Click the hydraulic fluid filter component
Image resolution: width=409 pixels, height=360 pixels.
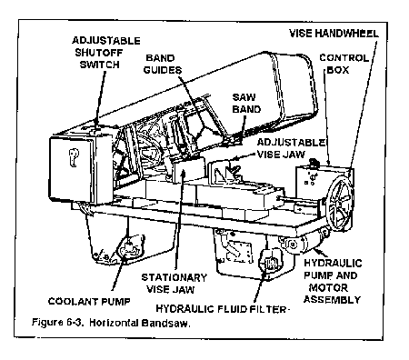pyautogui.click(x=268, y=264)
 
